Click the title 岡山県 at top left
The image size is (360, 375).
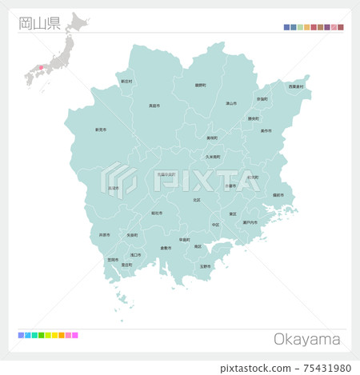(x=39, y=22)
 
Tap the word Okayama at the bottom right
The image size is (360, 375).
(x=307, y=340)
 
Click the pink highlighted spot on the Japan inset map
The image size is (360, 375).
(x=41, y=67)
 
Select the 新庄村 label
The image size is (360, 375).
(x=126, y=81)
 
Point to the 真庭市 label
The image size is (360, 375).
(x=154, y=106)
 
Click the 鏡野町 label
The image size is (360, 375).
(x=200, y=85)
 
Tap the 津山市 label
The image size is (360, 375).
(x=230, y=103)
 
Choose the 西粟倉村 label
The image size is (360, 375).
(x=296, y=86)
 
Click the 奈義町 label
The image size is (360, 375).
(x=262, y=99)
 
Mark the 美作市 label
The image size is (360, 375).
(x=266, y=130)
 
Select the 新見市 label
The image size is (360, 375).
(x=101, y=130)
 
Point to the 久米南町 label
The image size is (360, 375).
(x=212, y=157)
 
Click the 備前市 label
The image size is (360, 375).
(x=278, y=195)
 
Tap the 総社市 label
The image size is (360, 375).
(x=157, y=213)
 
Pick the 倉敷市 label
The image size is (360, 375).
(x=166, y=248)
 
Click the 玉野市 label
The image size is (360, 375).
(x=205, y=265)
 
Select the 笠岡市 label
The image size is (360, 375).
(x=113, y=259)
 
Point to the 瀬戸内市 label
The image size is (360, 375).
(x=250, y=222)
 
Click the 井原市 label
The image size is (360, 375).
(x=104, y=235)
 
